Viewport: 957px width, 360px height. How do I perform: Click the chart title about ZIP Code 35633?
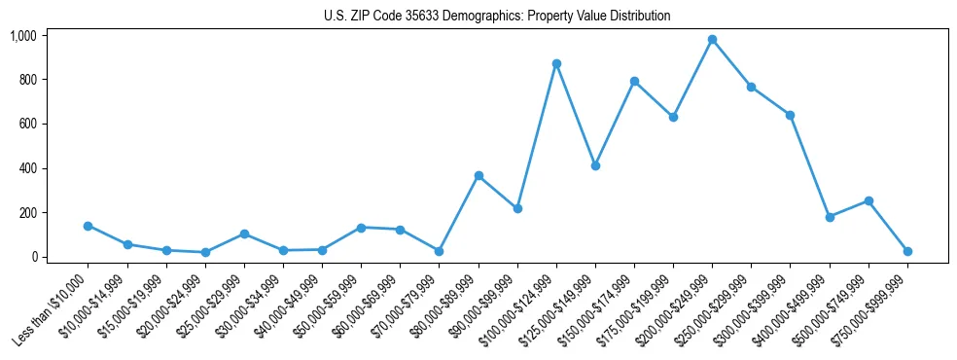[497, 17]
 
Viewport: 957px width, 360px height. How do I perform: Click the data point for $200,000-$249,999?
[712, 40]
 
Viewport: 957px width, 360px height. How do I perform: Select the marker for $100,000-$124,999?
[556, 63]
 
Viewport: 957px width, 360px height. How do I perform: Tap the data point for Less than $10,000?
[89, 226]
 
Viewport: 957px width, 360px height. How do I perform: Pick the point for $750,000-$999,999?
[907, 251]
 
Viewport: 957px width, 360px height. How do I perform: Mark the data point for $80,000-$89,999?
[478, 176]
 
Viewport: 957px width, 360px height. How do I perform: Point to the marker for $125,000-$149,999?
[595, 165]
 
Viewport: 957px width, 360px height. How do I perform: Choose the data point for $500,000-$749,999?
[868, 200]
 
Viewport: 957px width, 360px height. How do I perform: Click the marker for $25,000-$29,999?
[244, 234]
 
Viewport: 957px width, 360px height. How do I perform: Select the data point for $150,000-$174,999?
[634, 81]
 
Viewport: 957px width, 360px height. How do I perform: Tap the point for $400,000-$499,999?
[830, 217]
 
